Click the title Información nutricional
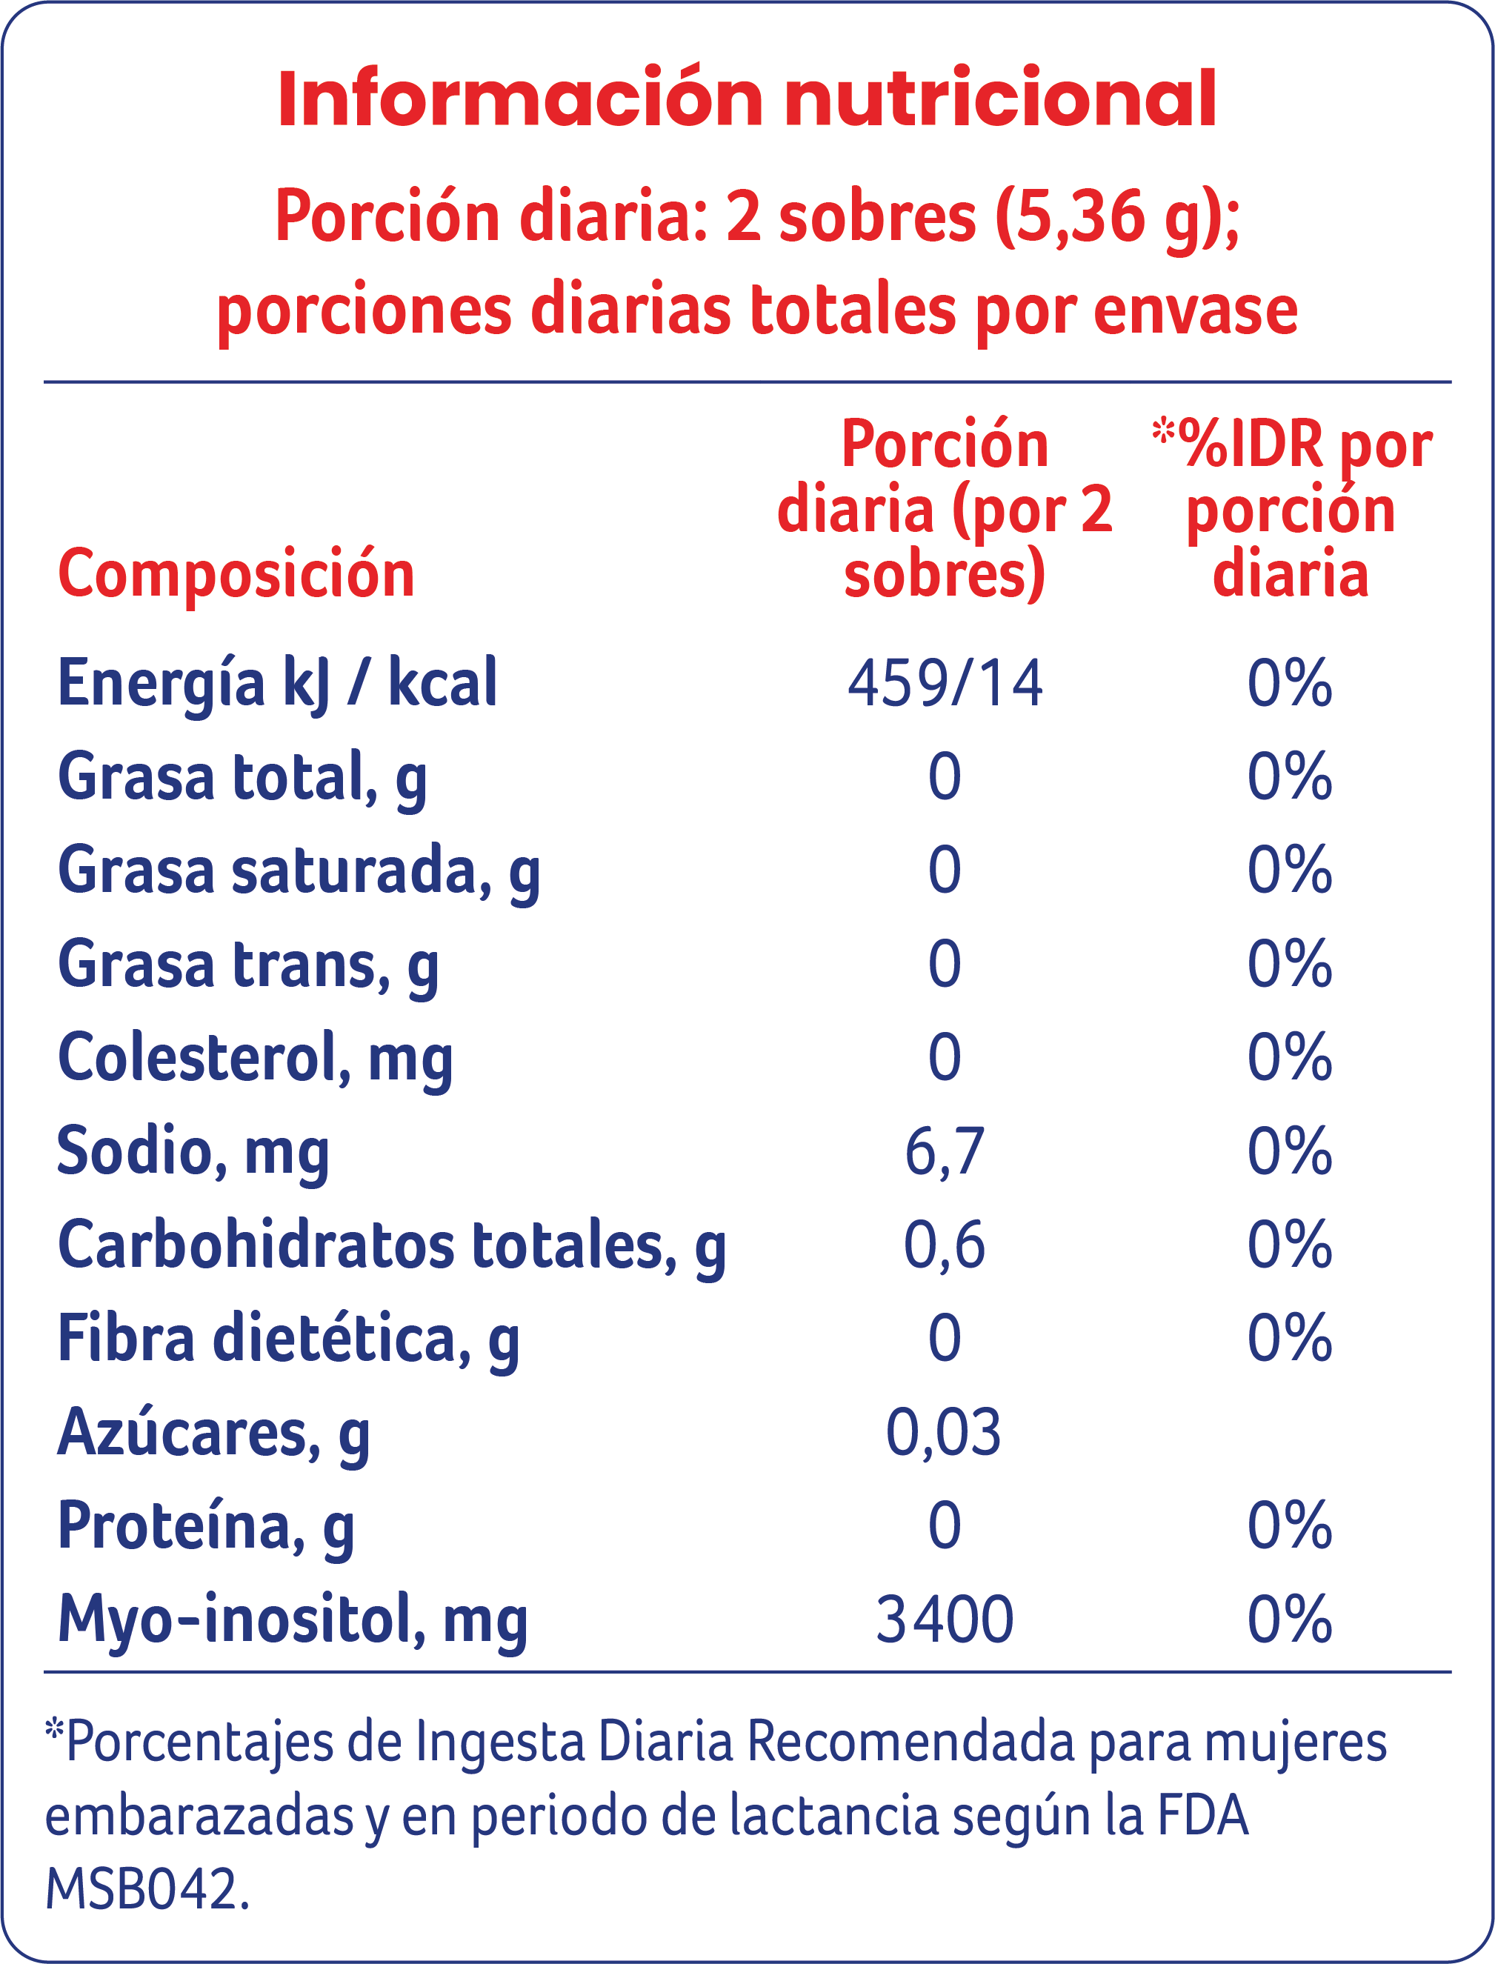click(747, 100)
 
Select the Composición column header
click(236, 574)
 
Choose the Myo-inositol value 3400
click(944, 1619)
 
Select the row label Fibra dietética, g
click(288, 1339)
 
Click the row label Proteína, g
click(205, 1525)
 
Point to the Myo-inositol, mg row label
click(293, 1620)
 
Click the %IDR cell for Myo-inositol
click(1290, 1619)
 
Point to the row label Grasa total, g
click(242, 777)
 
